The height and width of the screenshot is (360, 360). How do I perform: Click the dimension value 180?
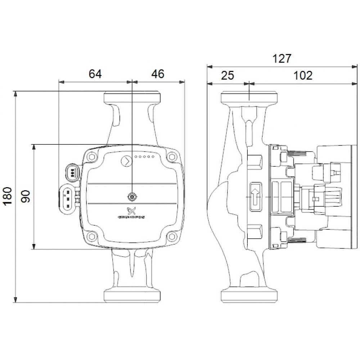8,197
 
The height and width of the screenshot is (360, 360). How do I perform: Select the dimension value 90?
26,197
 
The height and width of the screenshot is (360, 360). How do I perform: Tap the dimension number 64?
95,74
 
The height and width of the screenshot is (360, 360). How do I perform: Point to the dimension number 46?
157,74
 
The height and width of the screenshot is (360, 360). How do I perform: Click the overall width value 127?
281,58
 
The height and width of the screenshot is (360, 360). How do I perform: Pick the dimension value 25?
227,75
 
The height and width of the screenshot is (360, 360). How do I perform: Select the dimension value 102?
302,75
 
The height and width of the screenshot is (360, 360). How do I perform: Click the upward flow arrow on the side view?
255,197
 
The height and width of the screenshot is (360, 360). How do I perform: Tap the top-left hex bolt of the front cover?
92,157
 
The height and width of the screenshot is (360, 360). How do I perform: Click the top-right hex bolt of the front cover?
172,157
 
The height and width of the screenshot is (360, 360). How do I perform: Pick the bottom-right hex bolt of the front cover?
172,237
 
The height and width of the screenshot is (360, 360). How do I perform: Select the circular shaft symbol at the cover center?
132,197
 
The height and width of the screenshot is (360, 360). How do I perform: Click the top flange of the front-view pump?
132,98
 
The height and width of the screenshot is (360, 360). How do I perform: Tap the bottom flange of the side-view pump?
249,295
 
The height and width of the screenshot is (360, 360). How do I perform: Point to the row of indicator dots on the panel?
144,157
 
